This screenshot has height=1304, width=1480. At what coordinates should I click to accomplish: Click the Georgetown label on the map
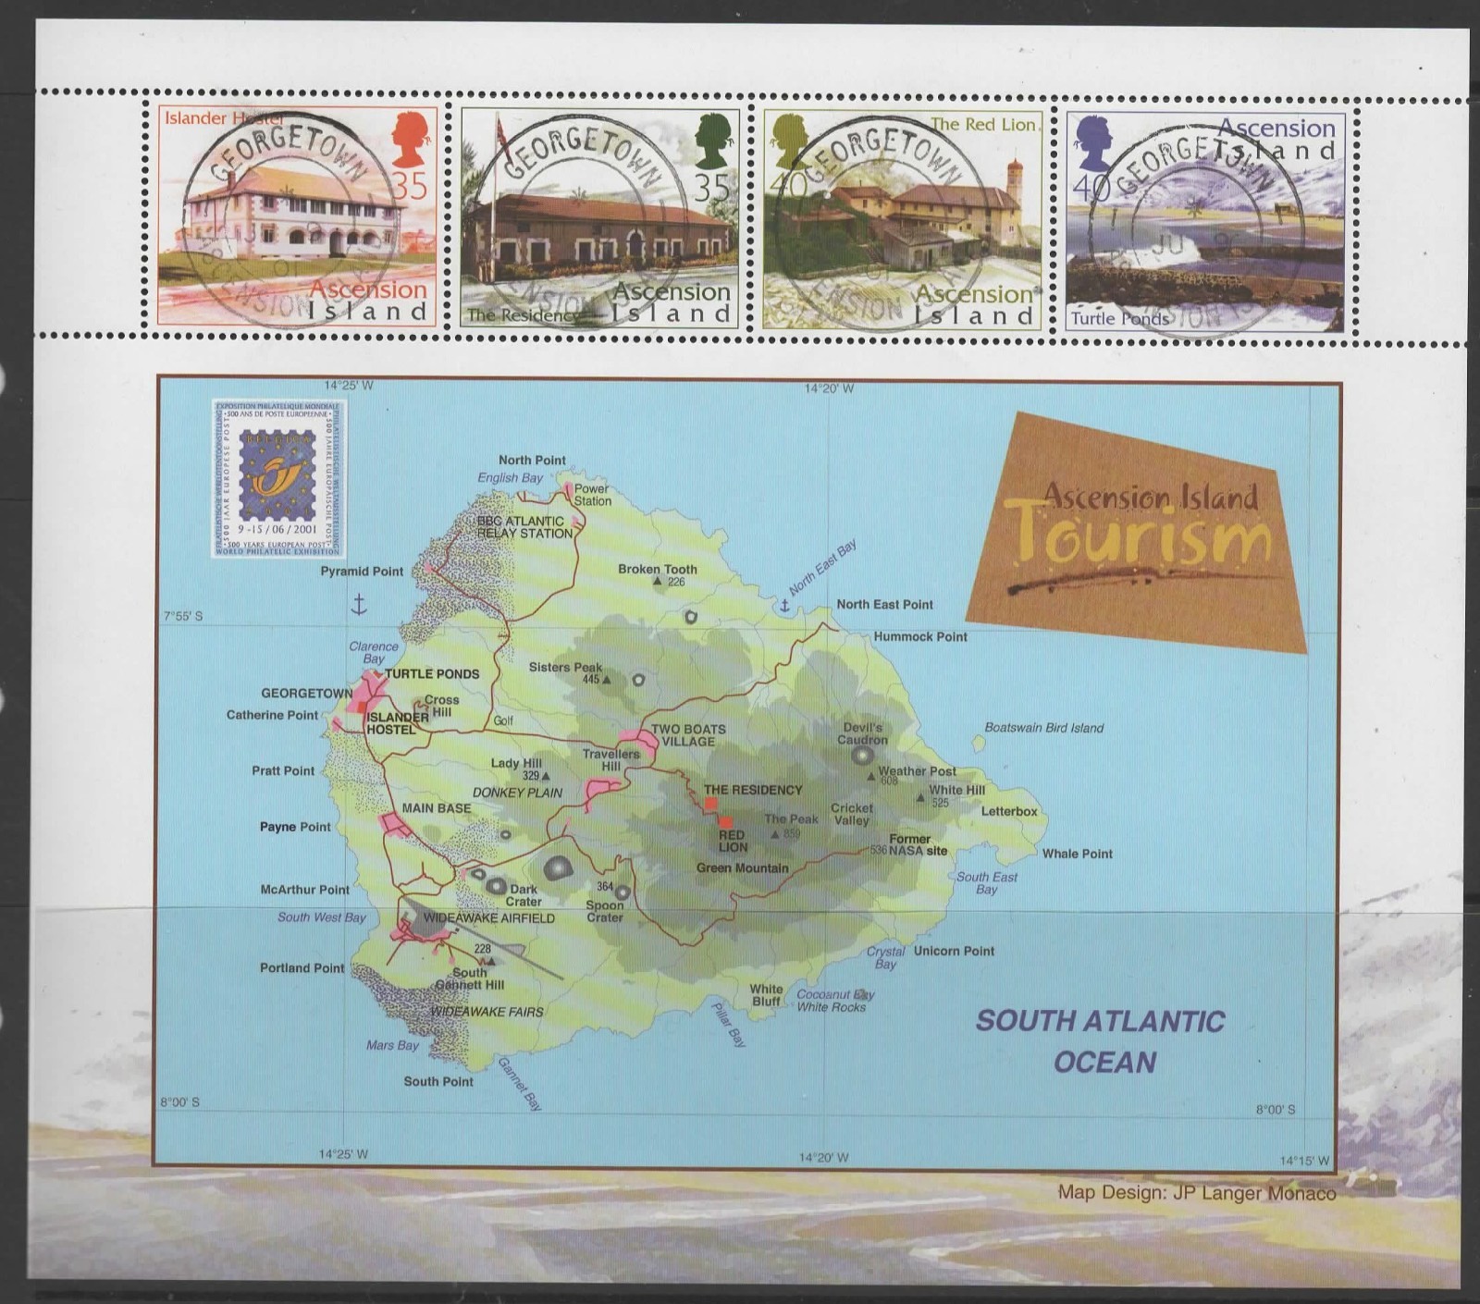[x=306, y=694]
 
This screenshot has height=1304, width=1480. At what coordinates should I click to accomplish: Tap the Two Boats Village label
[x=688, y=735]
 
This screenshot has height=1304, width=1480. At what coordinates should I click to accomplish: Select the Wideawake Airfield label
[x=488, y=918]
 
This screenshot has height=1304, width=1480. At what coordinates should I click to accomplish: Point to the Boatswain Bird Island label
[x=1043, y=728]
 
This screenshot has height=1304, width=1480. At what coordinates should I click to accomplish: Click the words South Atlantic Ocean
[x=1101, y=1041]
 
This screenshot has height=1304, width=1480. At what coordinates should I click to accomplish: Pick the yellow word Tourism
[x=1138, y=536]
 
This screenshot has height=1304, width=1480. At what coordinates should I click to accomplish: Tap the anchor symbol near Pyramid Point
[x=358, y=605]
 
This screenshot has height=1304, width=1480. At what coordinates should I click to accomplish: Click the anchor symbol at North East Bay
[x=784, y=607]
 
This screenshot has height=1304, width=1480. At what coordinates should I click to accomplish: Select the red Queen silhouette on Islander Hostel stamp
[x=408, y=140]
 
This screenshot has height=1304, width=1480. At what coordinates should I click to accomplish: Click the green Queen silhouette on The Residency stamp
[x=713, y=140]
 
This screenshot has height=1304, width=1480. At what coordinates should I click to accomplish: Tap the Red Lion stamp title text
[x=983, y=125]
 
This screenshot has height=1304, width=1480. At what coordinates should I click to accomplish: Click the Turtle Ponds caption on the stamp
[x=1119, y=319]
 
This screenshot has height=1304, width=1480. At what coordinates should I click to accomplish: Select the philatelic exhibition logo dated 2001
[x=278, y=478]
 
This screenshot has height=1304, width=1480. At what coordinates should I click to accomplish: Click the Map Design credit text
[x=1197, y=1193]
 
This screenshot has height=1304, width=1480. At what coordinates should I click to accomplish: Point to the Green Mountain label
[x=742, y=867]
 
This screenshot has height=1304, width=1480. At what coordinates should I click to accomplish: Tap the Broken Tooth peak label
[x=658, y=570]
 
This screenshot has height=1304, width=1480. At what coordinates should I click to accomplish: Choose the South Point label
[x=438, y=1081]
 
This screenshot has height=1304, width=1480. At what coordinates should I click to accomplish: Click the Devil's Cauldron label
[x=862, y=733]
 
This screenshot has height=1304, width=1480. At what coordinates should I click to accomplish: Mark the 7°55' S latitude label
[x=183, y=616]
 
